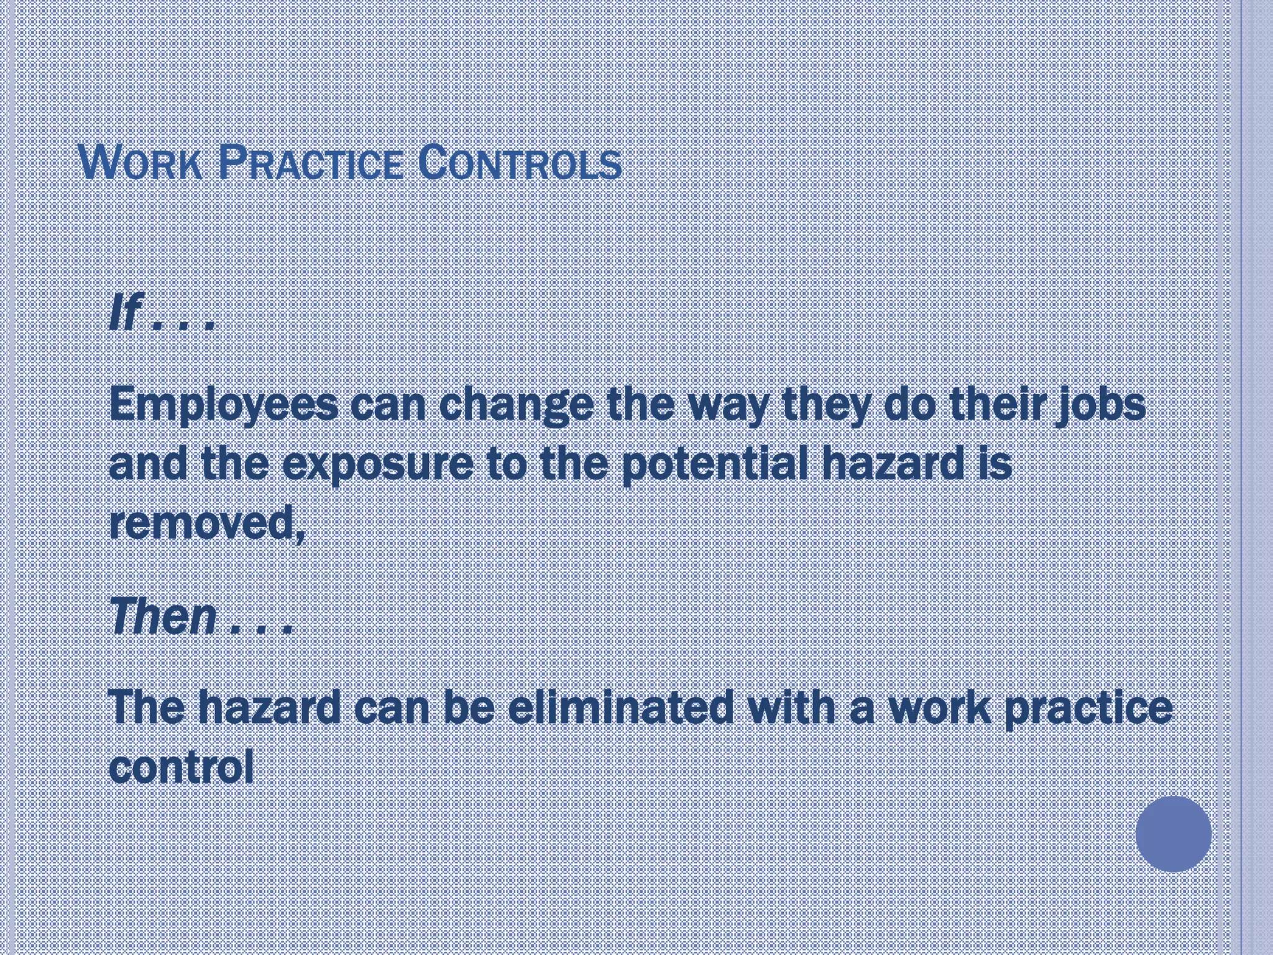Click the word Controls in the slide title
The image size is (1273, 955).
pyautogui.click(x=520, y=164)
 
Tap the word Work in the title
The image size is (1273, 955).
pyautogui.click(x=142, y=164)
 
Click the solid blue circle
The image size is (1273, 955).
pyautogui.click(x=1174, y=834)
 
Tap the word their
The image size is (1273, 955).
pyautogui.click(x=999, y=404)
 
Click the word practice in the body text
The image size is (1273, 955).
pyautogui.click(x=1088, y=709)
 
